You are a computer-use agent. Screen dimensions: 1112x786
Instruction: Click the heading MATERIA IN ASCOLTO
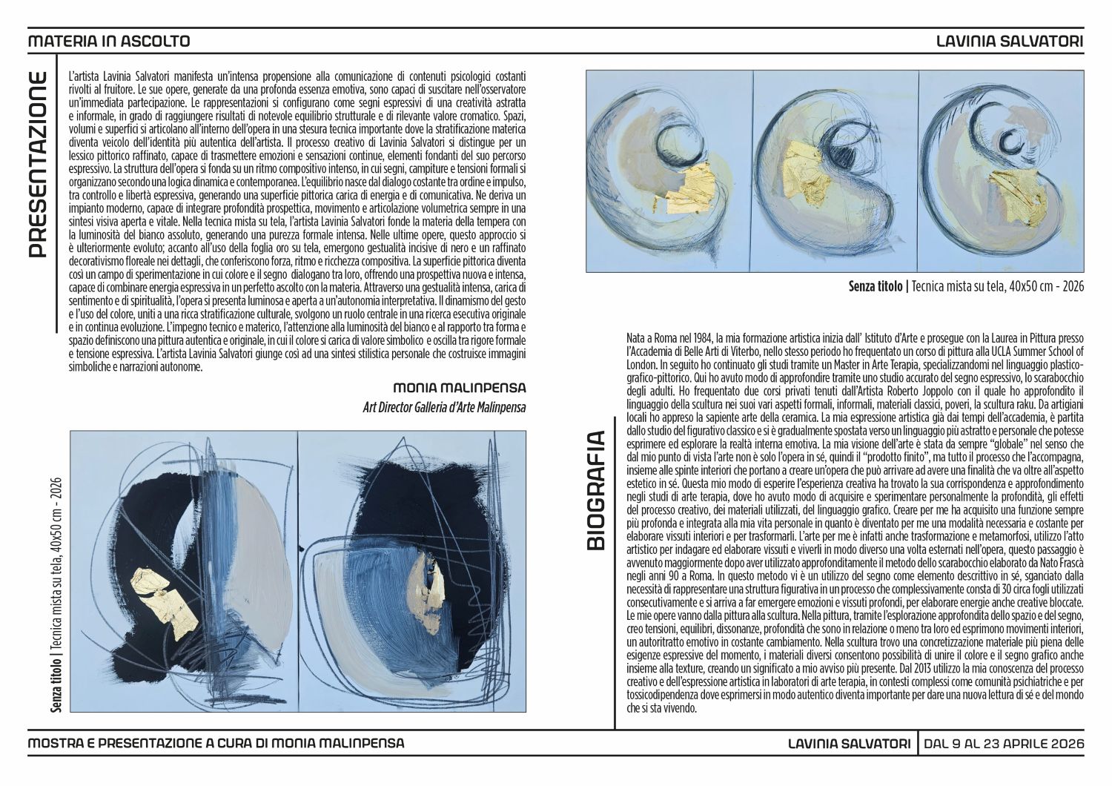tap(109, 41)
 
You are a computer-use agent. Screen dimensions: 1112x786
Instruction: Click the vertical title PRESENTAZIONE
tap(38, 165)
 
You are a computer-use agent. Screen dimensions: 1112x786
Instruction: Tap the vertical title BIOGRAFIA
tap(596, 491)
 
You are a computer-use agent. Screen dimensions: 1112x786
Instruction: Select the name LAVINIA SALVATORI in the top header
tap(1010, 41)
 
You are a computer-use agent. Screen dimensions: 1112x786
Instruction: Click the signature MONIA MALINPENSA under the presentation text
tap(459, 387)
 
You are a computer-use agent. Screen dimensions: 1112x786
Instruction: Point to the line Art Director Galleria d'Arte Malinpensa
tap(444, 408)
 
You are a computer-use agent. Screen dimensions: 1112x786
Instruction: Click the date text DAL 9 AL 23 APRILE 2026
tap(1004, 743)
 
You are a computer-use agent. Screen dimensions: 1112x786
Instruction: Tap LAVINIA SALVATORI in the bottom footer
tap(850, 743)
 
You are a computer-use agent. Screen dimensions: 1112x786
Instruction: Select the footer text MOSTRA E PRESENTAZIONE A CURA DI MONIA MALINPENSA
tap(216, 743)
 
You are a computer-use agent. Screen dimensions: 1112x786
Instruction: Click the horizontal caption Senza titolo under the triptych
tap(876, 286)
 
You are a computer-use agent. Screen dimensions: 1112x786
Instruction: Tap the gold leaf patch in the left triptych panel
tap(686, 188)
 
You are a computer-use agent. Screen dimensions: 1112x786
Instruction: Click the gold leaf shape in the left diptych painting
tap(164, 602)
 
